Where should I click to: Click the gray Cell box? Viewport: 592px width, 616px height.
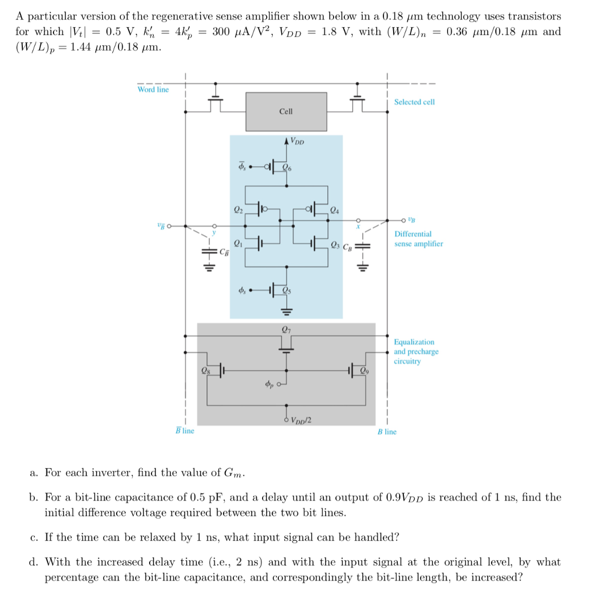click(286, 111)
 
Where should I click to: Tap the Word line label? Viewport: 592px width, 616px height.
click(153, 90)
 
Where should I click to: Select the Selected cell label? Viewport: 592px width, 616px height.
click(414, 102)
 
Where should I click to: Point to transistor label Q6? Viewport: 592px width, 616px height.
click(287, 168)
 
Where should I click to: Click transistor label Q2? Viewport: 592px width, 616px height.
click(238, 210)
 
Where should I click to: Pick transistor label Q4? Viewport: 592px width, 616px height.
click(334, 210)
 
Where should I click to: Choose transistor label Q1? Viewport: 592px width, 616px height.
click(238, 244)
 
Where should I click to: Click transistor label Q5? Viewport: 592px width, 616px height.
click(287, 291)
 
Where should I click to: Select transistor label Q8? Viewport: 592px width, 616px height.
click(207, 371)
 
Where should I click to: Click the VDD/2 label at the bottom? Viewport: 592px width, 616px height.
click(301, 420)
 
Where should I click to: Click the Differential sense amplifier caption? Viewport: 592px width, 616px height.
click(418, 239)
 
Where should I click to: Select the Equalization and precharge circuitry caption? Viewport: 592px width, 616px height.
click(416, 351)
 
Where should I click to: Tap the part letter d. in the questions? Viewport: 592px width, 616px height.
click(34, 562)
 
